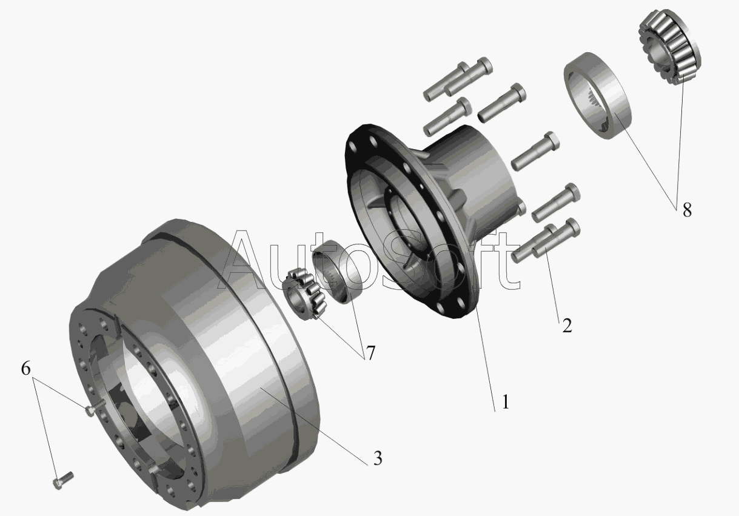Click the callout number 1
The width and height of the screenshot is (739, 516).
[506, 402]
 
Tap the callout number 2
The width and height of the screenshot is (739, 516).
[567, 326]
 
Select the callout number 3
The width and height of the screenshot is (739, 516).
[378, 458]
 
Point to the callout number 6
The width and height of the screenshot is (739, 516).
[25, 368]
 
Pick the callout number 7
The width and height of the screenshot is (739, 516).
[371, 353]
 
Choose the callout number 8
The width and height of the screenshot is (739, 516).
[687, 210]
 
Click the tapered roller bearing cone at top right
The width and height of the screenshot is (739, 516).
[670, 47]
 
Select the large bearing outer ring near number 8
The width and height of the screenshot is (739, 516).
[597, 95]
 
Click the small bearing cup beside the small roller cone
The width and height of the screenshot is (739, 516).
[338, 272]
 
